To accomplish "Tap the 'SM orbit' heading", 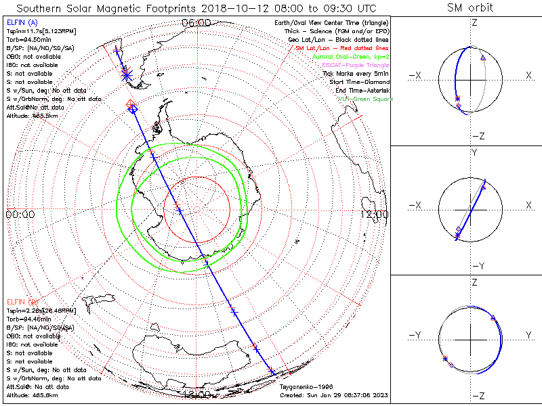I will (x=470, y=8).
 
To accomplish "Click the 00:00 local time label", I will (x=20, y=215).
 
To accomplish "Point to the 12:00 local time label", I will (x=375, y=215).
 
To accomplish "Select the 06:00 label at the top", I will (x=197, y=23).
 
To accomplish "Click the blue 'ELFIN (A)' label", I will (x=21, y=23).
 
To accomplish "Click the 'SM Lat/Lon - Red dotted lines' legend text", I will (x=342, y=49).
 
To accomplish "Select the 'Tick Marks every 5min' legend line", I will (x=356, y=74).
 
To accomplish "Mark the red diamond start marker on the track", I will (x=131, y=104).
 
